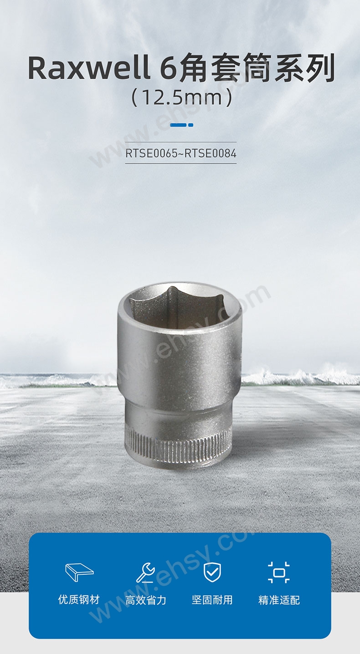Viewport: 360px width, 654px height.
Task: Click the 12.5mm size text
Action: [x=182, y=98]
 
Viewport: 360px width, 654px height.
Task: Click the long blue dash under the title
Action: [x=178, y=125]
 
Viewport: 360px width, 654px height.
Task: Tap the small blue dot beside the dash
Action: [x=190, y=125]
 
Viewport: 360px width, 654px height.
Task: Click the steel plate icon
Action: [x=79, y=572]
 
